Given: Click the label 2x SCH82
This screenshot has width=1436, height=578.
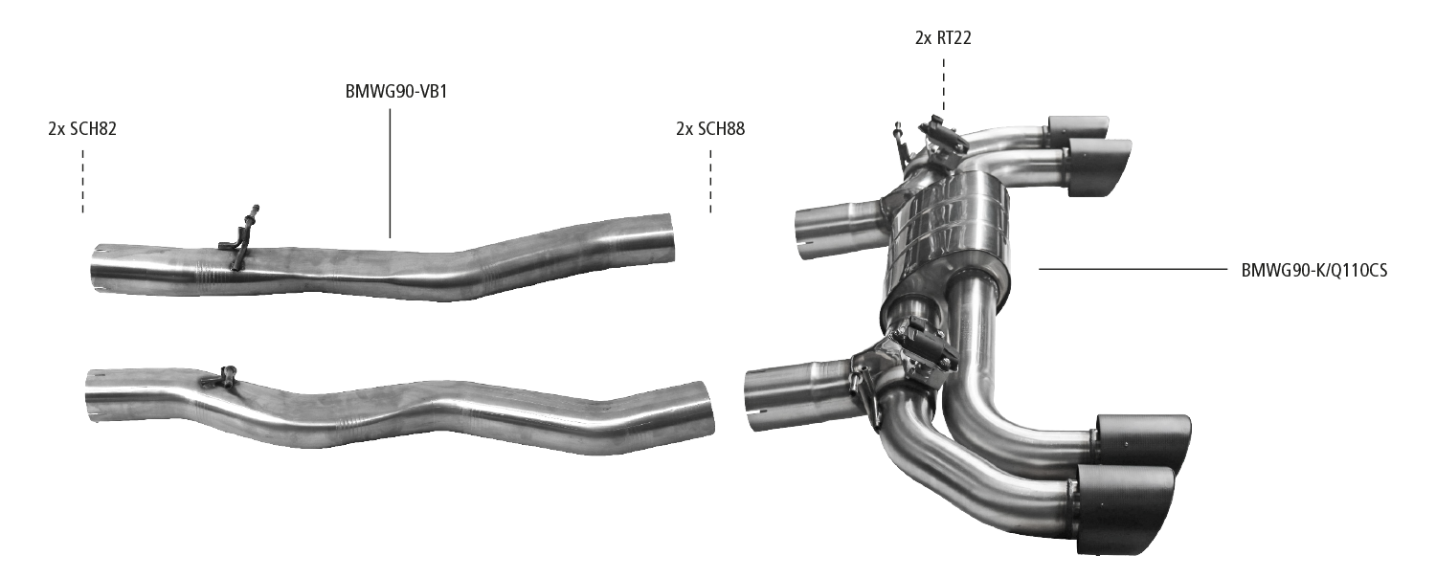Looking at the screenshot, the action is click(x=82, y=129).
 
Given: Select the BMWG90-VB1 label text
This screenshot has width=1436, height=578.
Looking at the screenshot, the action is click(x=396, y=92).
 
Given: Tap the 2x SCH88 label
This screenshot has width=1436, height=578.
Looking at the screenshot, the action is click(x=710, y=129).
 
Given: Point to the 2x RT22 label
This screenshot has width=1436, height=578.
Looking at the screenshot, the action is click(x=943, y=38).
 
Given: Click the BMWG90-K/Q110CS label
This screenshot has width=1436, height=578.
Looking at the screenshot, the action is click(x=1314, y=271).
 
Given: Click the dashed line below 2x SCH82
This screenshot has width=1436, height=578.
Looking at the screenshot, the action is click(x=82, y=182).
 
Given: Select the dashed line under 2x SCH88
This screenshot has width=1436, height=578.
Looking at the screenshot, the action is click(x=710, y=182).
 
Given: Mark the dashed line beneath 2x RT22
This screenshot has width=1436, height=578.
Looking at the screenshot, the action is click(x=943, y=87).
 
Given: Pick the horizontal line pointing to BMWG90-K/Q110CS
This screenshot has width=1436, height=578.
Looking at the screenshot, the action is click(x=1133, y=270).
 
